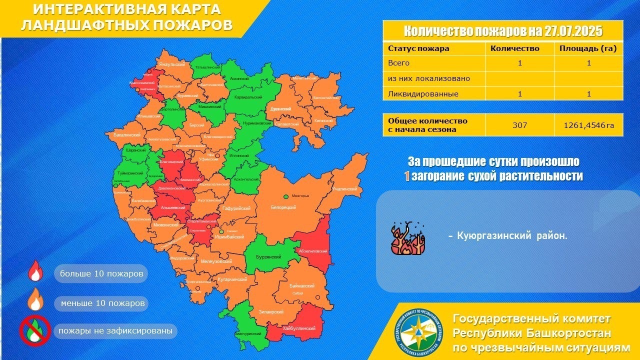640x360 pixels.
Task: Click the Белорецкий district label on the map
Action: click(x=284, y=207)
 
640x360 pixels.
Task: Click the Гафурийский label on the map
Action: click(x=236, y=208)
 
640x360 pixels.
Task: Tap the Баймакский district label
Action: click(x=302, y=285)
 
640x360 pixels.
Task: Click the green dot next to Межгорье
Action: click(x=286, y=197)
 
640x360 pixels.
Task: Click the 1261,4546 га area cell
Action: click(x=588, y=125)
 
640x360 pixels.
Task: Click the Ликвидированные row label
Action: click(x=416, y=93)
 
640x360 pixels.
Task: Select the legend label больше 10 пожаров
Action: click(x=101, y=274)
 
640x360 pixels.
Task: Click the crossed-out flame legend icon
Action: click(x=33, y=330)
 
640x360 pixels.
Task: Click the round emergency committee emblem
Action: click(x=419, y=332)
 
